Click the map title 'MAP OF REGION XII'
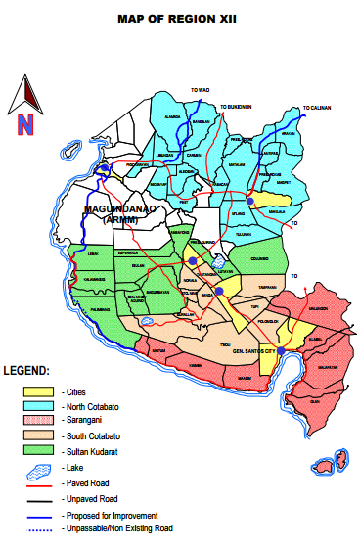tap(180, 18)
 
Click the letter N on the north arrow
tap(24, 124)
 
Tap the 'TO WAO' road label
tap(201, 89)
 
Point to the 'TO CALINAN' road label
tap(317, 107)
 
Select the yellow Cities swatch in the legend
tap(38, 390)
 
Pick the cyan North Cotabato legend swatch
tap(38, 406)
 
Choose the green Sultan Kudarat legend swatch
tap(38, 451)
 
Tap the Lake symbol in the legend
tap(38, 468)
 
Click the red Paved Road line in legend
tap(38, 483)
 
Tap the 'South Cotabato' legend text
tap(89, 436)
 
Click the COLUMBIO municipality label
tap(259, 258)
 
